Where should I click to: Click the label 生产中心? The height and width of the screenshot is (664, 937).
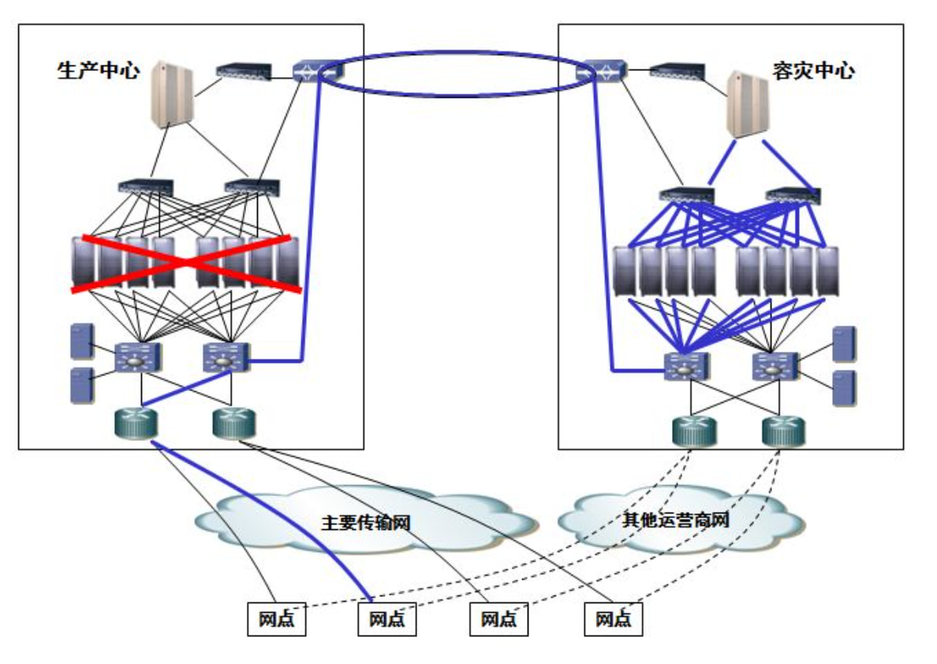tap(98, 71)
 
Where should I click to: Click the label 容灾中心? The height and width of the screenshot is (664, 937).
tap(813, 71)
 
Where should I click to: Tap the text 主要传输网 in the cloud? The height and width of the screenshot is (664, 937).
tap(366, 523)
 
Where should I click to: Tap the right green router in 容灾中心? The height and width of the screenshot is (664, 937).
tap(782, 431)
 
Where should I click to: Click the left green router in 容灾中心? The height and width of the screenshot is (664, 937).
tap(692, 431)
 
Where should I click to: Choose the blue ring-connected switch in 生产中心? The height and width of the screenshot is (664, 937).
tap(317, 71)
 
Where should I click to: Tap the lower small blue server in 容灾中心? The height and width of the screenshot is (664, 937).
tap(844, 387)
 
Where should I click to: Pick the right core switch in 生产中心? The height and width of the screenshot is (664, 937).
tap(226, 358)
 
